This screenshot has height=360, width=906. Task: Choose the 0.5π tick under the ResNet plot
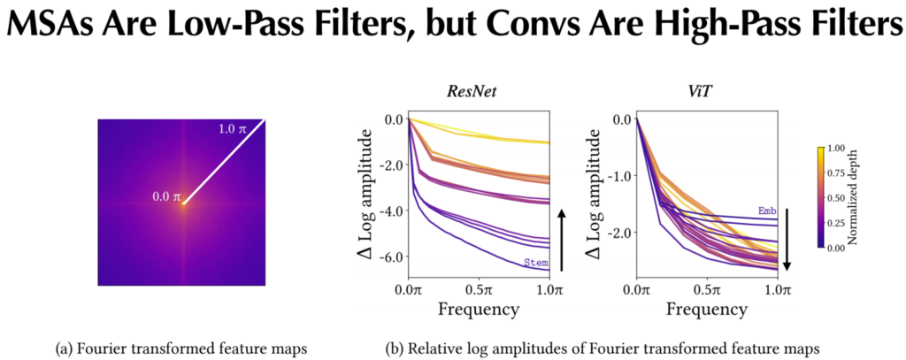tap(478, 289)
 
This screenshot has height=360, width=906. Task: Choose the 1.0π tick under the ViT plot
tap(776, 289)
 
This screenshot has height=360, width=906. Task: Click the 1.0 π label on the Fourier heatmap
tap(231, 130)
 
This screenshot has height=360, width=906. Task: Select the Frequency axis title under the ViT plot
tap(705, 309)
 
